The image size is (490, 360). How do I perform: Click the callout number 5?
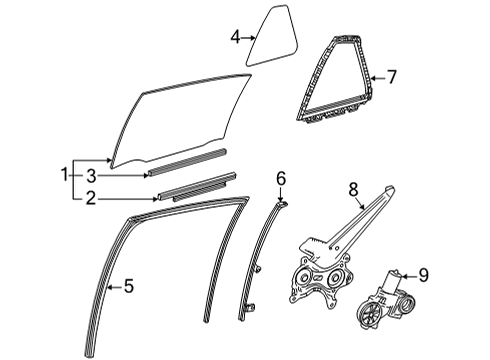127,287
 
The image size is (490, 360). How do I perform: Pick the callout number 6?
280,178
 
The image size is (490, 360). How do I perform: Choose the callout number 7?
392,74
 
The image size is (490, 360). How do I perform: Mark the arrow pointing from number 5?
112,287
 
